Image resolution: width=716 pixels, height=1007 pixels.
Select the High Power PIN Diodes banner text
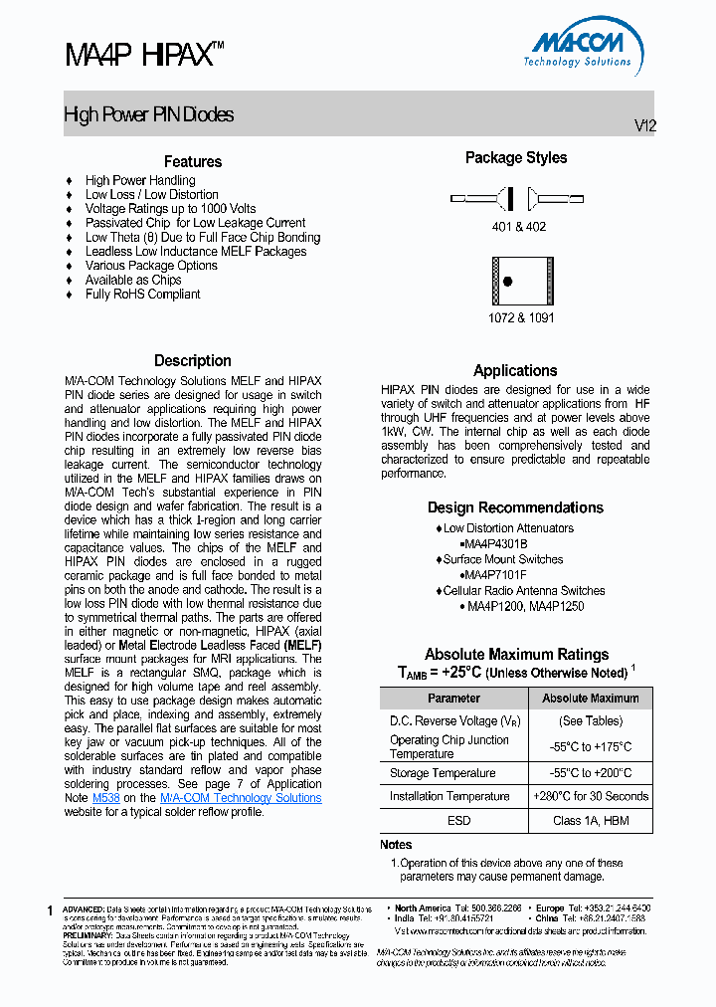tap(149, 115)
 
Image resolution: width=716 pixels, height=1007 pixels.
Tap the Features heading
tap(193, 161)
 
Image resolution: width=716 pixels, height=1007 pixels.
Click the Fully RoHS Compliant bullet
tap(142, 295)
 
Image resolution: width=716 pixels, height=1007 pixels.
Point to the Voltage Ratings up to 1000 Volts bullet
tap(170, 209)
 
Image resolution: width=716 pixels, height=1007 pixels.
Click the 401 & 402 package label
tap(518, 227)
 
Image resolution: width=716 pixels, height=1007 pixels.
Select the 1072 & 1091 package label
tap(521, 318)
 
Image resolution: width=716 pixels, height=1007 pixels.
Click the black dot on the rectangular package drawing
tap(507, 282)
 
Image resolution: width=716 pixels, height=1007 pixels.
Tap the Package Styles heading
tap(516, 158)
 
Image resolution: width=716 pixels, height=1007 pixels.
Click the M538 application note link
tap(105, 798)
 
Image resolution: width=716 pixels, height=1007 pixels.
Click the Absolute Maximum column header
tap(591, 699)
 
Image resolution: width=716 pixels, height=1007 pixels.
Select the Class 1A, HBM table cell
tap(591, 821)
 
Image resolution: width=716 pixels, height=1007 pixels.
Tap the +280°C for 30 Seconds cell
tap(591, 796)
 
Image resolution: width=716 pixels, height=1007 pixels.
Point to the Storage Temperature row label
tap(443, 773)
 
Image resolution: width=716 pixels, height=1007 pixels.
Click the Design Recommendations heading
tap(515, 507)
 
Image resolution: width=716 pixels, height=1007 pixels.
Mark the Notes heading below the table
tap(396, 845)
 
